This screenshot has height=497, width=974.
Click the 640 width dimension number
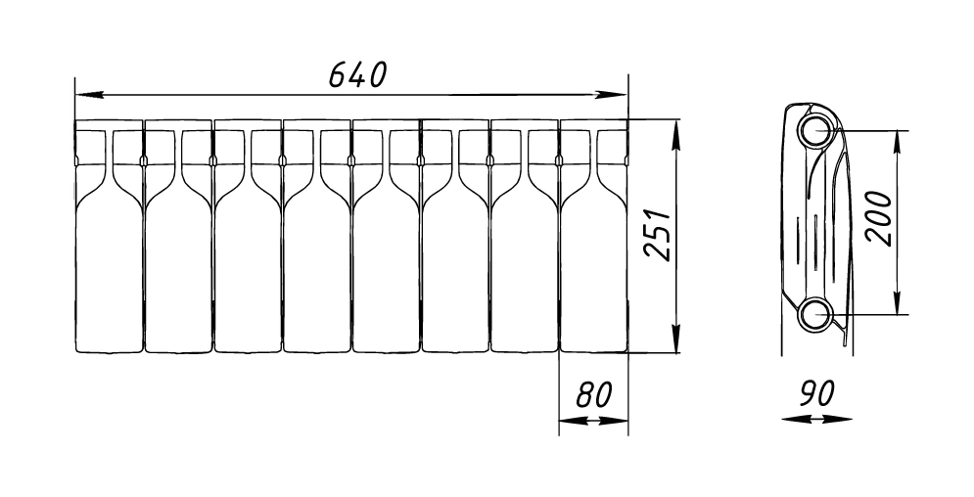point(357,74)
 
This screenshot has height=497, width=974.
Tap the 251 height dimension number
point(657,234)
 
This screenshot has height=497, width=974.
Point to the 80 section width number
point(593,395)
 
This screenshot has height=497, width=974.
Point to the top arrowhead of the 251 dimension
point(675,130)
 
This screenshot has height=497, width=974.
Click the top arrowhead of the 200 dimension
point(897,140)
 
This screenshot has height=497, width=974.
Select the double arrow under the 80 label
point(593,421)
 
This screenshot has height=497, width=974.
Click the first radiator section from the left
point(109,264)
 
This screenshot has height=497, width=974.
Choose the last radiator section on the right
point(593,264)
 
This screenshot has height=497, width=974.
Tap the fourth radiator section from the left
point(317,264)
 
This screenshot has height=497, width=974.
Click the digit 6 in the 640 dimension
point(337,74)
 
